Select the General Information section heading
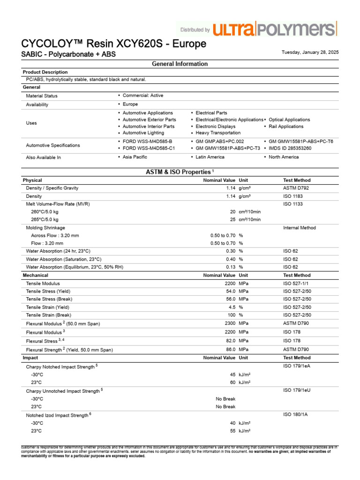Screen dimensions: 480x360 click(x=180, y=64)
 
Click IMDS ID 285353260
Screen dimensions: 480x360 click(x=290, y=148)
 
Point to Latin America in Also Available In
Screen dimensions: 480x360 click(x=210, y=157)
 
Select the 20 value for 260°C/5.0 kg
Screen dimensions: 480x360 click(x=232, y=212)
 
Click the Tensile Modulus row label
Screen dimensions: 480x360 click(x=43, y=284)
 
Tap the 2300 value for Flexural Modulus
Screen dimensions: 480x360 click(x=230, y=323)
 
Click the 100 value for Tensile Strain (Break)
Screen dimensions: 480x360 click(x=231, y=315)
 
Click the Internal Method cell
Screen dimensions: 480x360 click(x=300, y=228)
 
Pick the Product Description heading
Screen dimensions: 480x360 click(x=45, y=72)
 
